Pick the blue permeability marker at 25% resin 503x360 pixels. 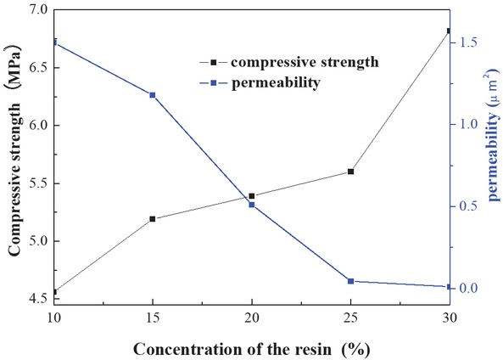point(350,281)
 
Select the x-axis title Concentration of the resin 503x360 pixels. point(251,347)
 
